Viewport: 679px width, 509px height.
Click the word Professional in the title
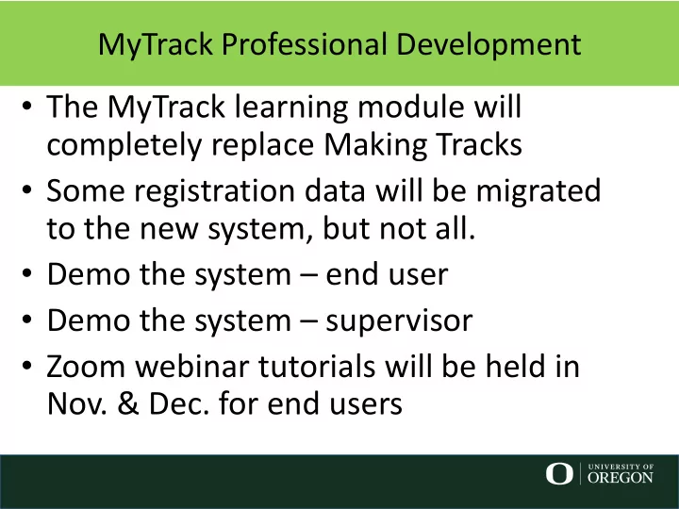coord(304,44)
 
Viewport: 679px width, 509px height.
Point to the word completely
coord(124,146)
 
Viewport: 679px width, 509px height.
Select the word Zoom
coord(85,367)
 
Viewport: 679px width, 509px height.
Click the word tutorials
coord(317,366)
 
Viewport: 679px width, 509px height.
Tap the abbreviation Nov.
coord(76,403)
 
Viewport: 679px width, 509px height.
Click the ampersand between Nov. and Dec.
coord(127,403)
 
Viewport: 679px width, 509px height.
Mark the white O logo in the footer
coord(559,473)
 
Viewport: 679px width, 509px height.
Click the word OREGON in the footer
coord(621,477)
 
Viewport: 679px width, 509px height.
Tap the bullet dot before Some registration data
coord(26,189)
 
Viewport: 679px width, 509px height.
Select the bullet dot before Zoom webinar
coord(26,366)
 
